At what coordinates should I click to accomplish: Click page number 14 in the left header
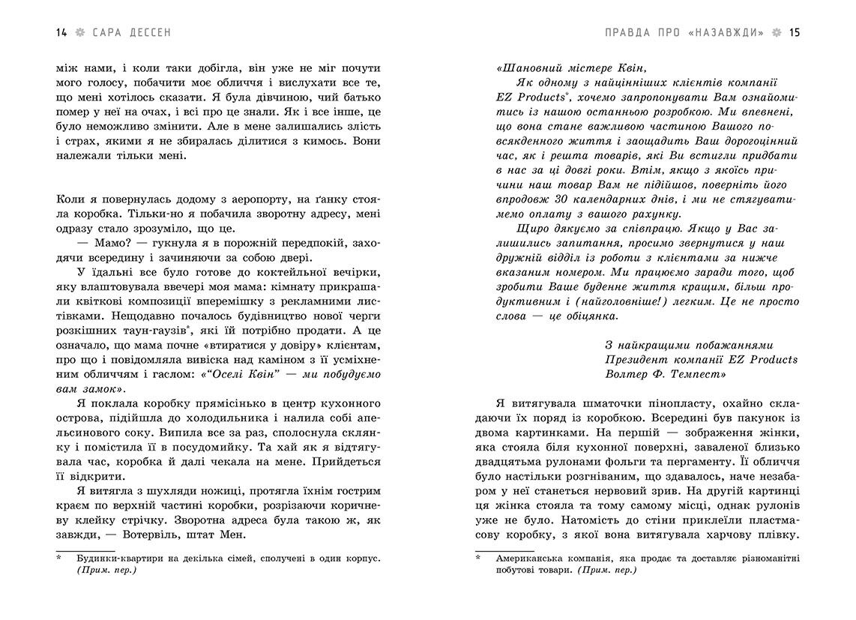61,32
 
